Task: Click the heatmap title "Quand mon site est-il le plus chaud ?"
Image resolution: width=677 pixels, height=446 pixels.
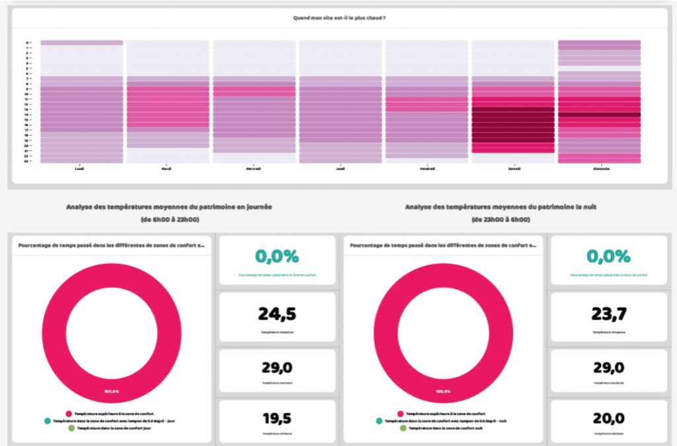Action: coord(339,18)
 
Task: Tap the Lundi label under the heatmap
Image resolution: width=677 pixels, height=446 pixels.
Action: coord(79,168)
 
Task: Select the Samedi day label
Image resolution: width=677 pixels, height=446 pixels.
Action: coord(513,168)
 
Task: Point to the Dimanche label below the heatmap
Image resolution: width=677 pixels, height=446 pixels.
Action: coord(599,168)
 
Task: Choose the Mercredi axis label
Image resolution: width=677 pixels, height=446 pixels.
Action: coord(254,168)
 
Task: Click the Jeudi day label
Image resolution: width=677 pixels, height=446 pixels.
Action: coord(340,168)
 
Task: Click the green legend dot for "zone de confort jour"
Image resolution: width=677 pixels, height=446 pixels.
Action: coord(71,429)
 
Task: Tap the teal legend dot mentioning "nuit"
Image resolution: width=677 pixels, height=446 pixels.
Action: coord(379,420)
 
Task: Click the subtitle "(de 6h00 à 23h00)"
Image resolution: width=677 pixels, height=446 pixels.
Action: coord(169,219)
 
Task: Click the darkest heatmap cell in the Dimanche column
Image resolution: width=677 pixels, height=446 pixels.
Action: coord(599,114)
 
